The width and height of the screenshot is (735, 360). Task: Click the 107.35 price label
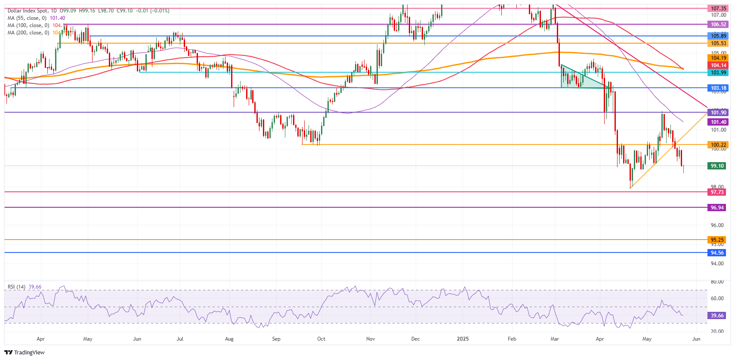click(x=718, y=8)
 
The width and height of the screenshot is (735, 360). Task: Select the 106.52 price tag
click(x=718, y=25)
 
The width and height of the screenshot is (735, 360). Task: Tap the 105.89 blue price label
click(x=718, y=36)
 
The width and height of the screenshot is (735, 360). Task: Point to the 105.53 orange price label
click(x=718, y=43)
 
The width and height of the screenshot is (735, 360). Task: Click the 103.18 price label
click(x=718, y=88)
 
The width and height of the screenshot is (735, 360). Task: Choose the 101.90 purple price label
click(x=718, y=113)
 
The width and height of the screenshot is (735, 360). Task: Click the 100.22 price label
click(x=718, y=145)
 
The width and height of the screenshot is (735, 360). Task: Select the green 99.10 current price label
click(x=717, y=166)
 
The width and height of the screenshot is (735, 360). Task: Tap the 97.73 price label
click(x=717, y=192)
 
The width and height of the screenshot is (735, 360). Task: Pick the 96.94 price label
click(x=717, y=208)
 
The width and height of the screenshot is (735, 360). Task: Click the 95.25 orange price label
click(x=717, y=240)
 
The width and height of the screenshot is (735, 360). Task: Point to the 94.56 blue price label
click(x=717, y=253)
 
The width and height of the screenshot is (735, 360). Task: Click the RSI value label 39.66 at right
click(x=717, y=316)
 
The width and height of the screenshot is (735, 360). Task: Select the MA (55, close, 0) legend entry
click(x=27, y=18)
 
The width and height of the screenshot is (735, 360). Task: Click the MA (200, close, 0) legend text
click(x=28, y=33)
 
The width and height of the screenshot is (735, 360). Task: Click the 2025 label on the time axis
click(x=463, y=339)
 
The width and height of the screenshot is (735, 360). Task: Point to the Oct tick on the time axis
click(x=321, y=339)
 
